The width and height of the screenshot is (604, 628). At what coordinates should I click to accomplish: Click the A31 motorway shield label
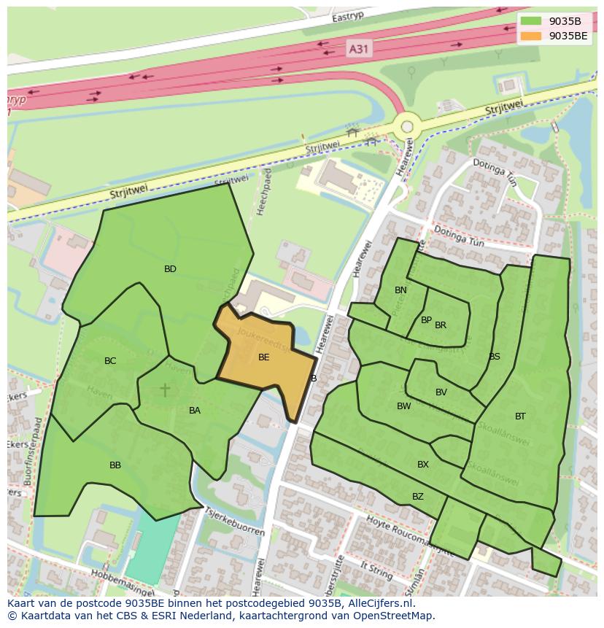tap(359, 49)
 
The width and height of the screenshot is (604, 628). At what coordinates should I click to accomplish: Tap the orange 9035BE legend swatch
tap(531, 35)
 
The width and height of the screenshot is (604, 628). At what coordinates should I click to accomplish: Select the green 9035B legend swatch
tap(531, 20)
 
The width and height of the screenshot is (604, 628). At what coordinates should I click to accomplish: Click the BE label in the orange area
tap(264, 357)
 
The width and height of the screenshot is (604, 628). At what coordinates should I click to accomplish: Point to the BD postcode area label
tap(170, 269)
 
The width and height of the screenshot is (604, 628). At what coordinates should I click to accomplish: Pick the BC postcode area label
tap(110, 361)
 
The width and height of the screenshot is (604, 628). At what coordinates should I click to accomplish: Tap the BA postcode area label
tap(195, 411)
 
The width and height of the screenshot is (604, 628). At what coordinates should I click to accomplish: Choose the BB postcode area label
tap(115, 465)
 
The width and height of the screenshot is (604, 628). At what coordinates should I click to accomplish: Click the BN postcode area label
tap(400, 290)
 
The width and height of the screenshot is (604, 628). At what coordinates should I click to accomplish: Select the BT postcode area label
tap(520, 416)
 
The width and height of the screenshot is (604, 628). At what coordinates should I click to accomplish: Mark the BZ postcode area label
tap(418, 497)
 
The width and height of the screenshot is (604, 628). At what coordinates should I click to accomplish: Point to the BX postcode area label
tap(423, 465)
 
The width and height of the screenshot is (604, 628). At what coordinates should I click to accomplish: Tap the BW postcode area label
tap(404, 406)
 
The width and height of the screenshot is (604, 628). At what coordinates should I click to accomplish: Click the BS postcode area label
tap(495, 357)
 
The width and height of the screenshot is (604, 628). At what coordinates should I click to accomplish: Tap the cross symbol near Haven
tap(166, 390)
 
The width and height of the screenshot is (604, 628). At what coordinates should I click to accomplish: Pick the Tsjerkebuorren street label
tap(234, 521)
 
